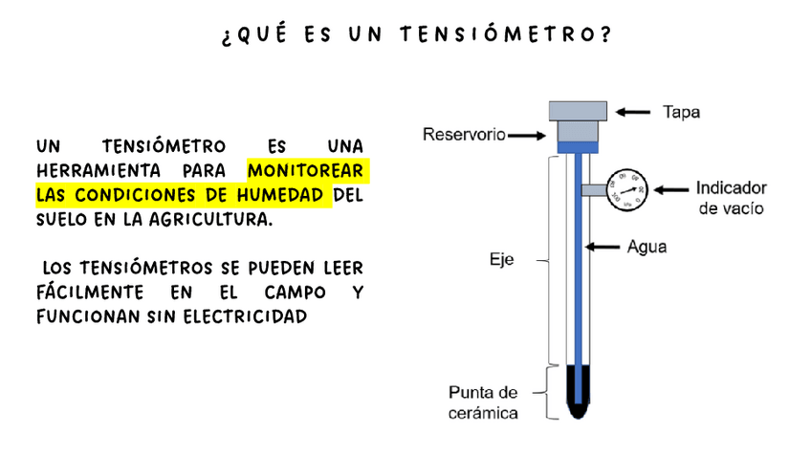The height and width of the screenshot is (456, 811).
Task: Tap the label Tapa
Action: (681, 112)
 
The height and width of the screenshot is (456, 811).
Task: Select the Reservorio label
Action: (464, 135)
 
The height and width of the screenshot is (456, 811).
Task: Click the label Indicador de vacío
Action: (729, 197)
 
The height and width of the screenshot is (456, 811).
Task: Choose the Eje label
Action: (502, 258)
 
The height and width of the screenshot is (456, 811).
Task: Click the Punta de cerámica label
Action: (484, 402)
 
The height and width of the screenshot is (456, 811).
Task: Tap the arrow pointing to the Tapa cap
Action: (632, 112)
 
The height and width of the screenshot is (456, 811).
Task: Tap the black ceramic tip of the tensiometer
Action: (580, 392)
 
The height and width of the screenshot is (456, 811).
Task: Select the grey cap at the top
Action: (579, 110)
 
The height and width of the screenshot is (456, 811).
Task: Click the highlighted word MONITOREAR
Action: (306, 172)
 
